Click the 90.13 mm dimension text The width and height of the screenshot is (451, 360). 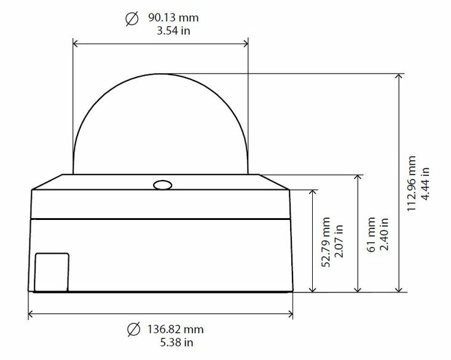click(173, 18)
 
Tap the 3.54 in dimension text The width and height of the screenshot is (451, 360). click(173, 31)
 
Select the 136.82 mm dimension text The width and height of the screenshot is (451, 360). click(176, 329)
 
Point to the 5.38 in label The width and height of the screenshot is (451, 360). click(176, 342)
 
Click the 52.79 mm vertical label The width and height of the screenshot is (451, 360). click(326, 242)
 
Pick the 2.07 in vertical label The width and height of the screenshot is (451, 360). click(339, 241)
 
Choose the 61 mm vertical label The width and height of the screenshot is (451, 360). click(371, 235)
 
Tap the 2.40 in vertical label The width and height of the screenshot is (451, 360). click(384, 234)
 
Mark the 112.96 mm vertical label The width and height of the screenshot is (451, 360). click(412, 184)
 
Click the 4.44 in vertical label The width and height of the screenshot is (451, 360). click(425, 184)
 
